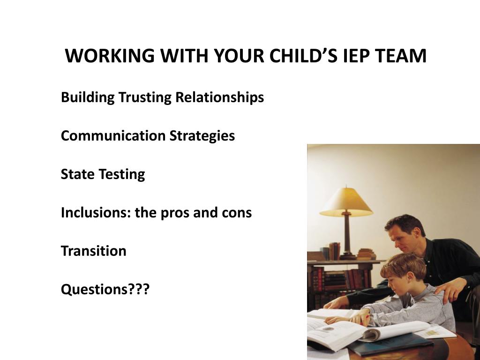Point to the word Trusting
pos(144,97)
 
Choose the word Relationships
pos(219,97)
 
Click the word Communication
pos(113,135)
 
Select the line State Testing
pos(103,174)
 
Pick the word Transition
pos(93,251)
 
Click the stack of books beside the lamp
pos(367,254)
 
